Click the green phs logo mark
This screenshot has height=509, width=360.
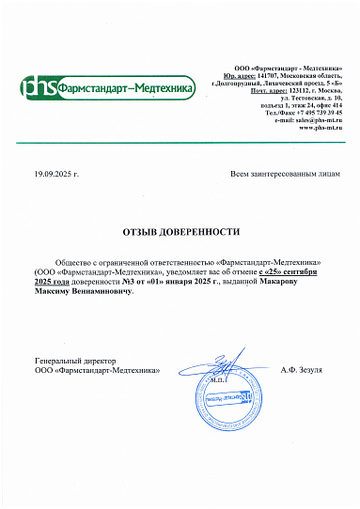click(x=39, y=88)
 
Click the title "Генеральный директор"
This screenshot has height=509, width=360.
click(x=74, y=361)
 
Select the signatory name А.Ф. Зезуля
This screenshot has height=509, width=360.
click(x=301, y=370)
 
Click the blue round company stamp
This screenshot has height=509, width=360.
click(x=223, y=395)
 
